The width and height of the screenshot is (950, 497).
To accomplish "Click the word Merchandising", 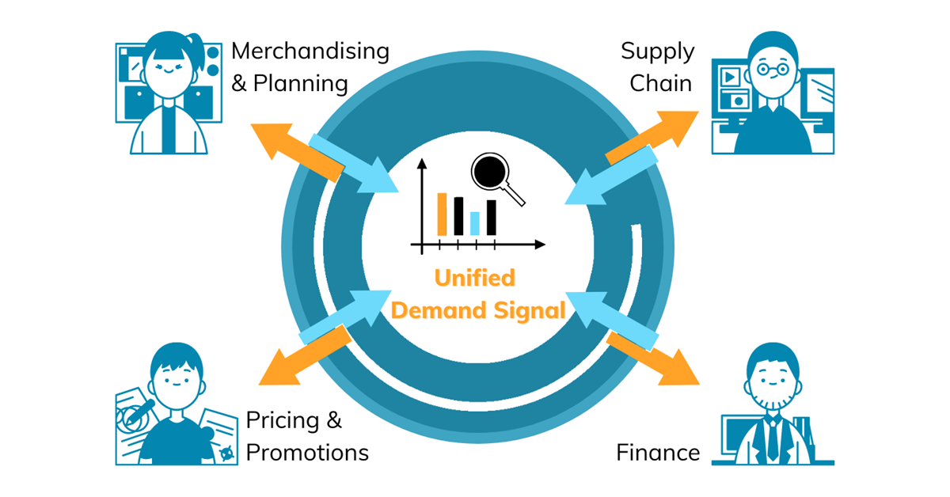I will tap(310, 51).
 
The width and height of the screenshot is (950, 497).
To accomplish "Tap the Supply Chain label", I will tap(657, 67).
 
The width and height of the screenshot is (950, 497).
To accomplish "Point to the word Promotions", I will tap(307, 453).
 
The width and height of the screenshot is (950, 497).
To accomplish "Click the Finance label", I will tap(658, 453).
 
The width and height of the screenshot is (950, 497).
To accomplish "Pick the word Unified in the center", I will tap(474, 278).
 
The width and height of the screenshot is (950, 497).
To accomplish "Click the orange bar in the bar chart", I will tap(443, 214).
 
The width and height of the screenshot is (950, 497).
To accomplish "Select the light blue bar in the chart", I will tap(475, 223).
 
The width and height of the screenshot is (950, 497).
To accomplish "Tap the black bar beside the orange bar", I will tap(458, 216).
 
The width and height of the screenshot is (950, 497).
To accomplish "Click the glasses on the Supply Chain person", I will tap(772, 69).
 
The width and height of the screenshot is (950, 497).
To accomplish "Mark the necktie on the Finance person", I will tap(772, 443).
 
